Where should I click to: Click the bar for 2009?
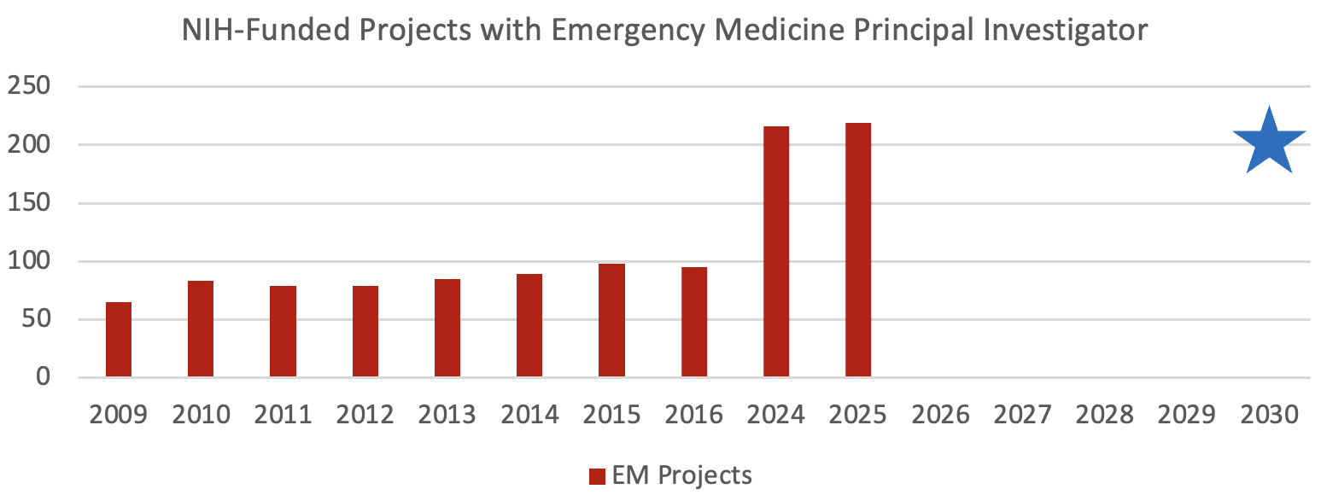point(119,340)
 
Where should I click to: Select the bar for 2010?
point(201,329)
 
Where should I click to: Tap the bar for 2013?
point(447,329)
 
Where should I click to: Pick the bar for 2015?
point(611,321)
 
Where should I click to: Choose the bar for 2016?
point(694,323)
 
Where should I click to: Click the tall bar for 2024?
point(776,252)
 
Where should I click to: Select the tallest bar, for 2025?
point(858,250)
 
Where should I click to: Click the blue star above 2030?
point(1269,143)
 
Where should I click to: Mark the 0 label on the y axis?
point(44,378)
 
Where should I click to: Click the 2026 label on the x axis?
point(940,415)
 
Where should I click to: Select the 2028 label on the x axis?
point(1105,415)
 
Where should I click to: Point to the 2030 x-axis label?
point(1269,415)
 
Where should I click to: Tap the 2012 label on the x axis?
point(365,415)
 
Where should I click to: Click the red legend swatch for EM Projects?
point(596,475)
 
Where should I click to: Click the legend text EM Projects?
point(681,475)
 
